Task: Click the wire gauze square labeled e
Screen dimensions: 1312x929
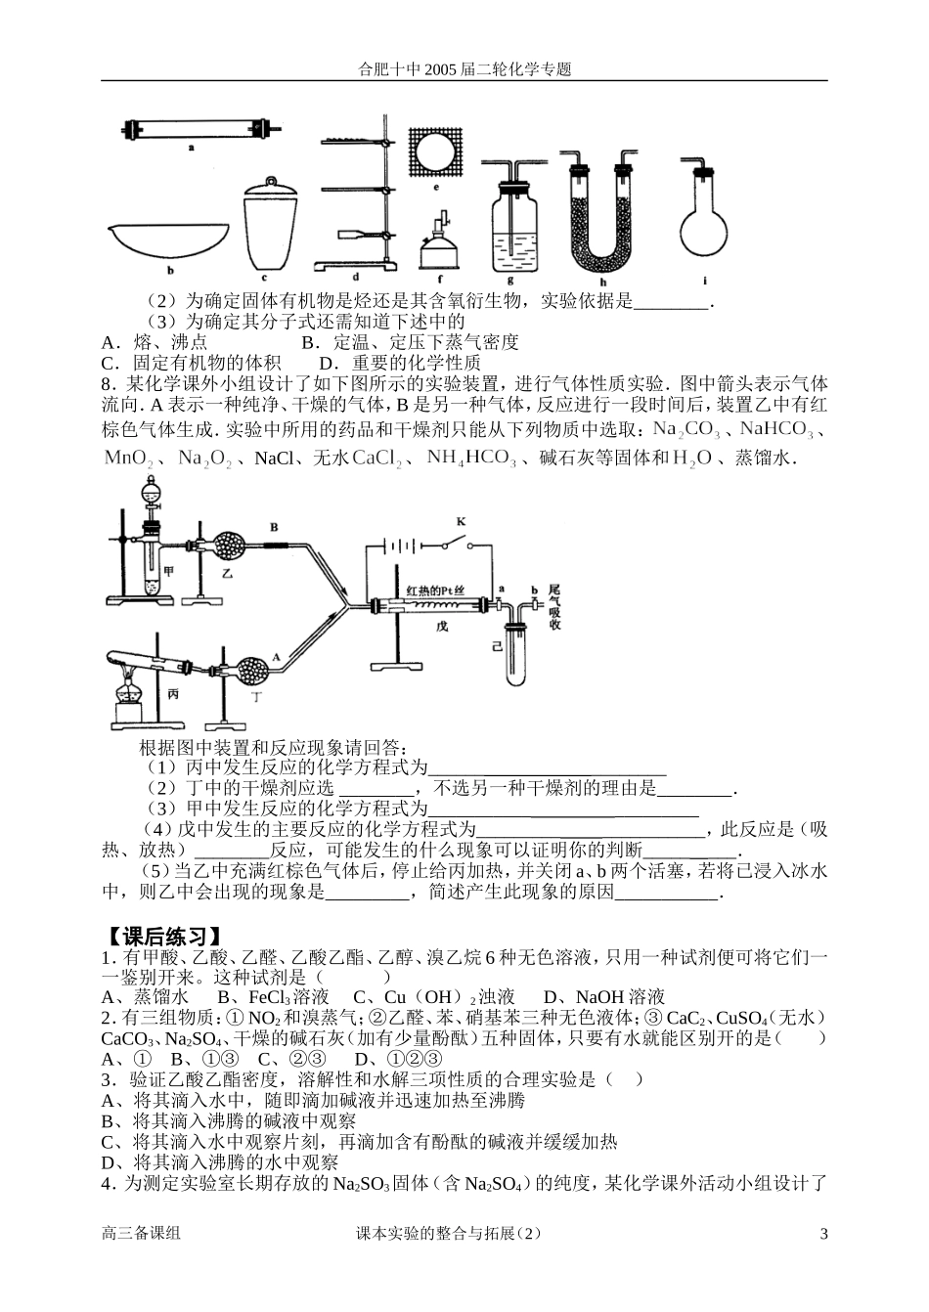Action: click(x=436, y=153)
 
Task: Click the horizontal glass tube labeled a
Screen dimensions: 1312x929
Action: click(x=192, y=129)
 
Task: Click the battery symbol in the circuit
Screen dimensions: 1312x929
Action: click(x=397, y=547)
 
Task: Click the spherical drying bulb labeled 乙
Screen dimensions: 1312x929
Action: click(x=231, y=546)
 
